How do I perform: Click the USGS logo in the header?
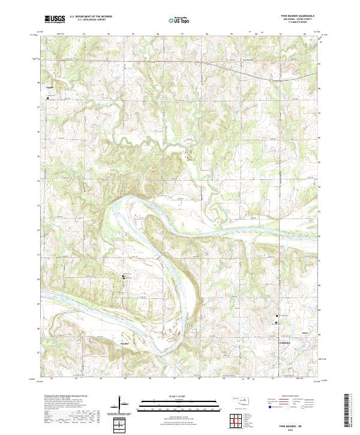point(55,19)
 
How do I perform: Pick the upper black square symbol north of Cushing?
point(277,316)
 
